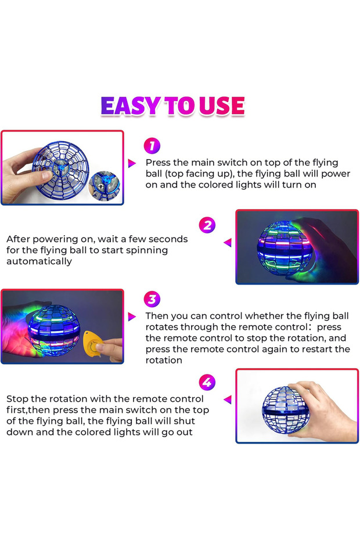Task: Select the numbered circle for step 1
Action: point(151,145)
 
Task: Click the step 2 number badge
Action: point(207,225)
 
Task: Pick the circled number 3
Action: point(151,300)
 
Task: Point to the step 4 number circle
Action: point(207,383)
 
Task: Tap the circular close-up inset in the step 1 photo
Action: point(105,185)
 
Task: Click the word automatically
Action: point(39,261)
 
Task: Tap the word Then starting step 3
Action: point(157,316)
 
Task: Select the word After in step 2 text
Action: point(19,239)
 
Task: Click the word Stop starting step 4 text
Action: point(17,399)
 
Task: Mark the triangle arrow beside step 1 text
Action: point(132,164)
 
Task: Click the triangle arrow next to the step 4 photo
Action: point(228,399)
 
